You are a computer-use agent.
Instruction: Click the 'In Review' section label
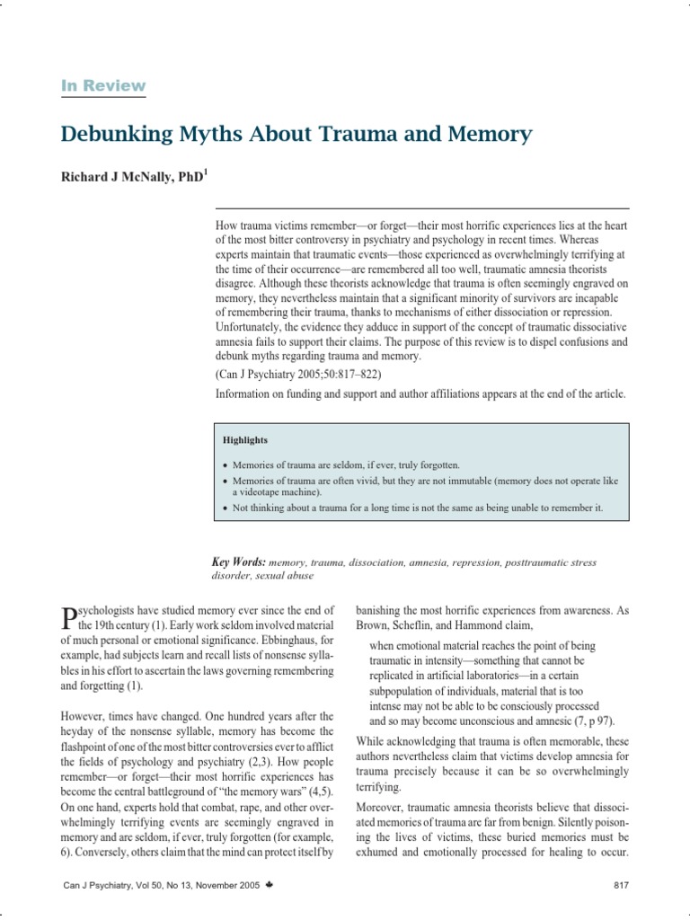pyautogui.click(x=102, y=85)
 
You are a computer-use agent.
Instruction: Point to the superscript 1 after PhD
pyautogui.click(x=207, y=172)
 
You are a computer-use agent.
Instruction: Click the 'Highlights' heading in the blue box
pyautogui.click(x=245, y=441)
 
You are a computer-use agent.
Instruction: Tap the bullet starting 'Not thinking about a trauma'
pyautogui.click(x=417, y=508)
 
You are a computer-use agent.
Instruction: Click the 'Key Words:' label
pyautogui.click(x=238, y=562)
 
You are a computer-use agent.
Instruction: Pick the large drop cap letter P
pyautogui.click(x=68, y=618)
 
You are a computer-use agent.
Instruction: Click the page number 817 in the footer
pyautogui.click(x=620, y=885)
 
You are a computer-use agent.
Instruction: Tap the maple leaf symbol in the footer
pyautogui.click(x=270, y=885)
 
